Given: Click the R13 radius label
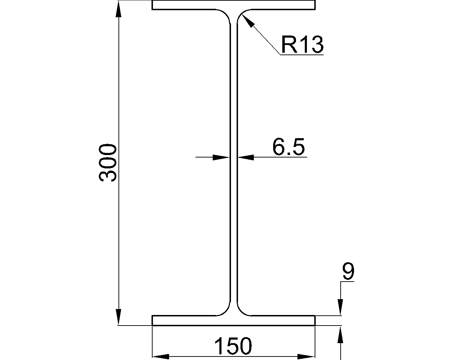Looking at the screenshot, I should pyautogui.click(x=302, y=45).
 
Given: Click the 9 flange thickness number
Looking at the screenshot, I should pyautogui.click(x=348, y=272).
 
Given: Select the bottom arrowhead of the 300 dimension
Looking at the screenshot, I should pyautogui.click(x=119, y=316).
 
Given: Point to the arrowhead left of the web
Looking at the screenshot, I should pyautogui.click(x=221, y=157).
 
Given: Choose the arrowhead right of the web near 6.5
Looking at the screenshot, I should pyautogui.click(x=246, y=157).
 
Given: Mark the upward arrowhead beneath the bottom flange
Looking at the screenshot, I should pyautogui.click(x=340, y=336).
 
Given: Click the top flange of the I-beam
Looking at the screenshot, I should pyautogui.click(x=233, y=5).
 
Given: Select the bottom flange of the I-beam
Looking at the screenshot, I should pyautogui.click(x=233, y=320).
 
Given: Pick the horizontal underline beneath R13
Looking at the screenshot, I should pyautogui.click(x=302, y=55).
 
